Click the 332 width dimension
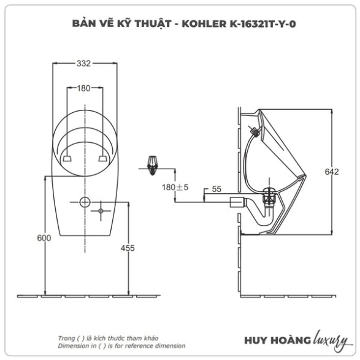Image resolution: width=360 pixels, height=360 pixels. [x=83, y=64]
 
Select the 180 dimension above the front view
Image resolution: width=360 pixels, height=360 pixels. [x=83, y=88]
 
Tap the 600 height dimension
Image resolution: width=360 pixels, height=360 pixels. [x=44, y=238]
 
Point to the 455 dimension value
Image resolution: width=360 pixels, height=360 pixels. [x=128, y=248]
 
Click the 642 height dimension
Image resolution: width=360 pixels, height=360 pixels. [x=332, y=172]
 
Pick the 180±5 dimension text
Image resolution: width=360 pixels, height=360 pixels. [x=175, y=187]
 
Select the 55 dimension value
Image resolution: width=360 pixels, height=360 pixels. [x=216, y=189]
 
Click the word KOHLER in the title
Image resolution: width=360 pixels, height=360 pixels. [x=204, y=24]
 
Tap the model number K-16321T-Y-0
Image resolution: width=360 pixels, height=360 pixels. [x=262, y=24]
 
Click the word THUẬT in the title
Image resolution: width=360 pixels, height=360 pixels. [x=153, y=24]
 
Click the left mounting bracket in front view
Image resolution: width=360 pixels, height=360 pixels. [x=67, y=158]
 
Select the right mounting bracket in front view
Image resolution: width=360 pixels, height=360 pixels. [x=103, y=158]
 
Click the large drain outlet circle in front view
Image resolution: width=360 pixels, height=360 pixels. [x=85, y=202]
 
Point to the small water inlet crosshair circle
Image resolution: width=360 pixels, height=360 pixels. [x=101, y=211]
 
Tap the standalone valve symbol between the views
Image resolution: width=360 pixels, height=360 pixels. [x=152, y=166]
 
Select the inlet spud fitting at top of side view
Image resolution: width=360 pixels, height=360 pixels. [x=254, y=131]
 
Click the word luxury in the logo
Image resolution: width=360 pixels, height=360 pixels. [x=331, y=340]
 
